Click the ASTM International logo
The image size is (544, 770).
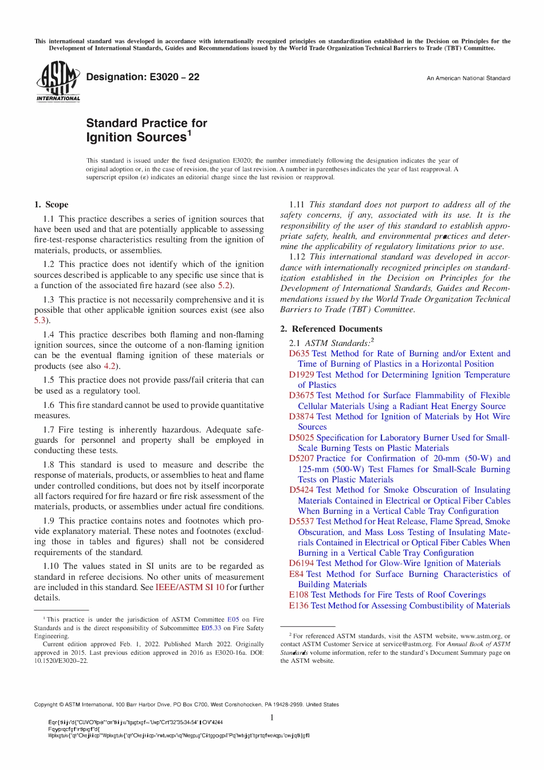(58, 82)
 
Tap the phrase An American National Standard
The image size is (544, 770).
(468, 78)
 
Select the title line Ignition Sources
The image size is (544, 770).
(137, 137)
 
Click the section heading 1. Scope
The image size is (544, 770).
(51, 205)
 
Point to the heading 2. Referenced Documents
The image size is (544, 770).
(331, 329)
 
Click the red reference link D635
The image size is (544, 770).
(299, 353)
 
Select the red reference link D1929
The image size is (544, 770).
(301, 375)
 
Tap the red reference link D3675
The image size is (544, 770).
(301, 395)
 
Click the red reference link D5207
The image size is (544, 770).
(301, 458)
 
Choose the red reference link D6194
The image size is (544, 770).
(301, 563)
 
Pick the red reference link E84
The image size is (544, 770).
(296, 574)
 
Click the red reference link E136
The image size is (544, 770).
(298, 606)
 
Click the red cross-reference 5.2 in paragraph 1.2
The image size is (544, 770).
(223, 285)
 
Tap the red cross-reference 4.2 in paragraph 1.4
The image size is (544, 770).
(109, 366)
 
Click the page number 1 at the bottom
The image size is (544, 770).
(272, 718)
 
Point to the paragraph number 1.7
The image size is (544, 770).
(49, 430)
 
